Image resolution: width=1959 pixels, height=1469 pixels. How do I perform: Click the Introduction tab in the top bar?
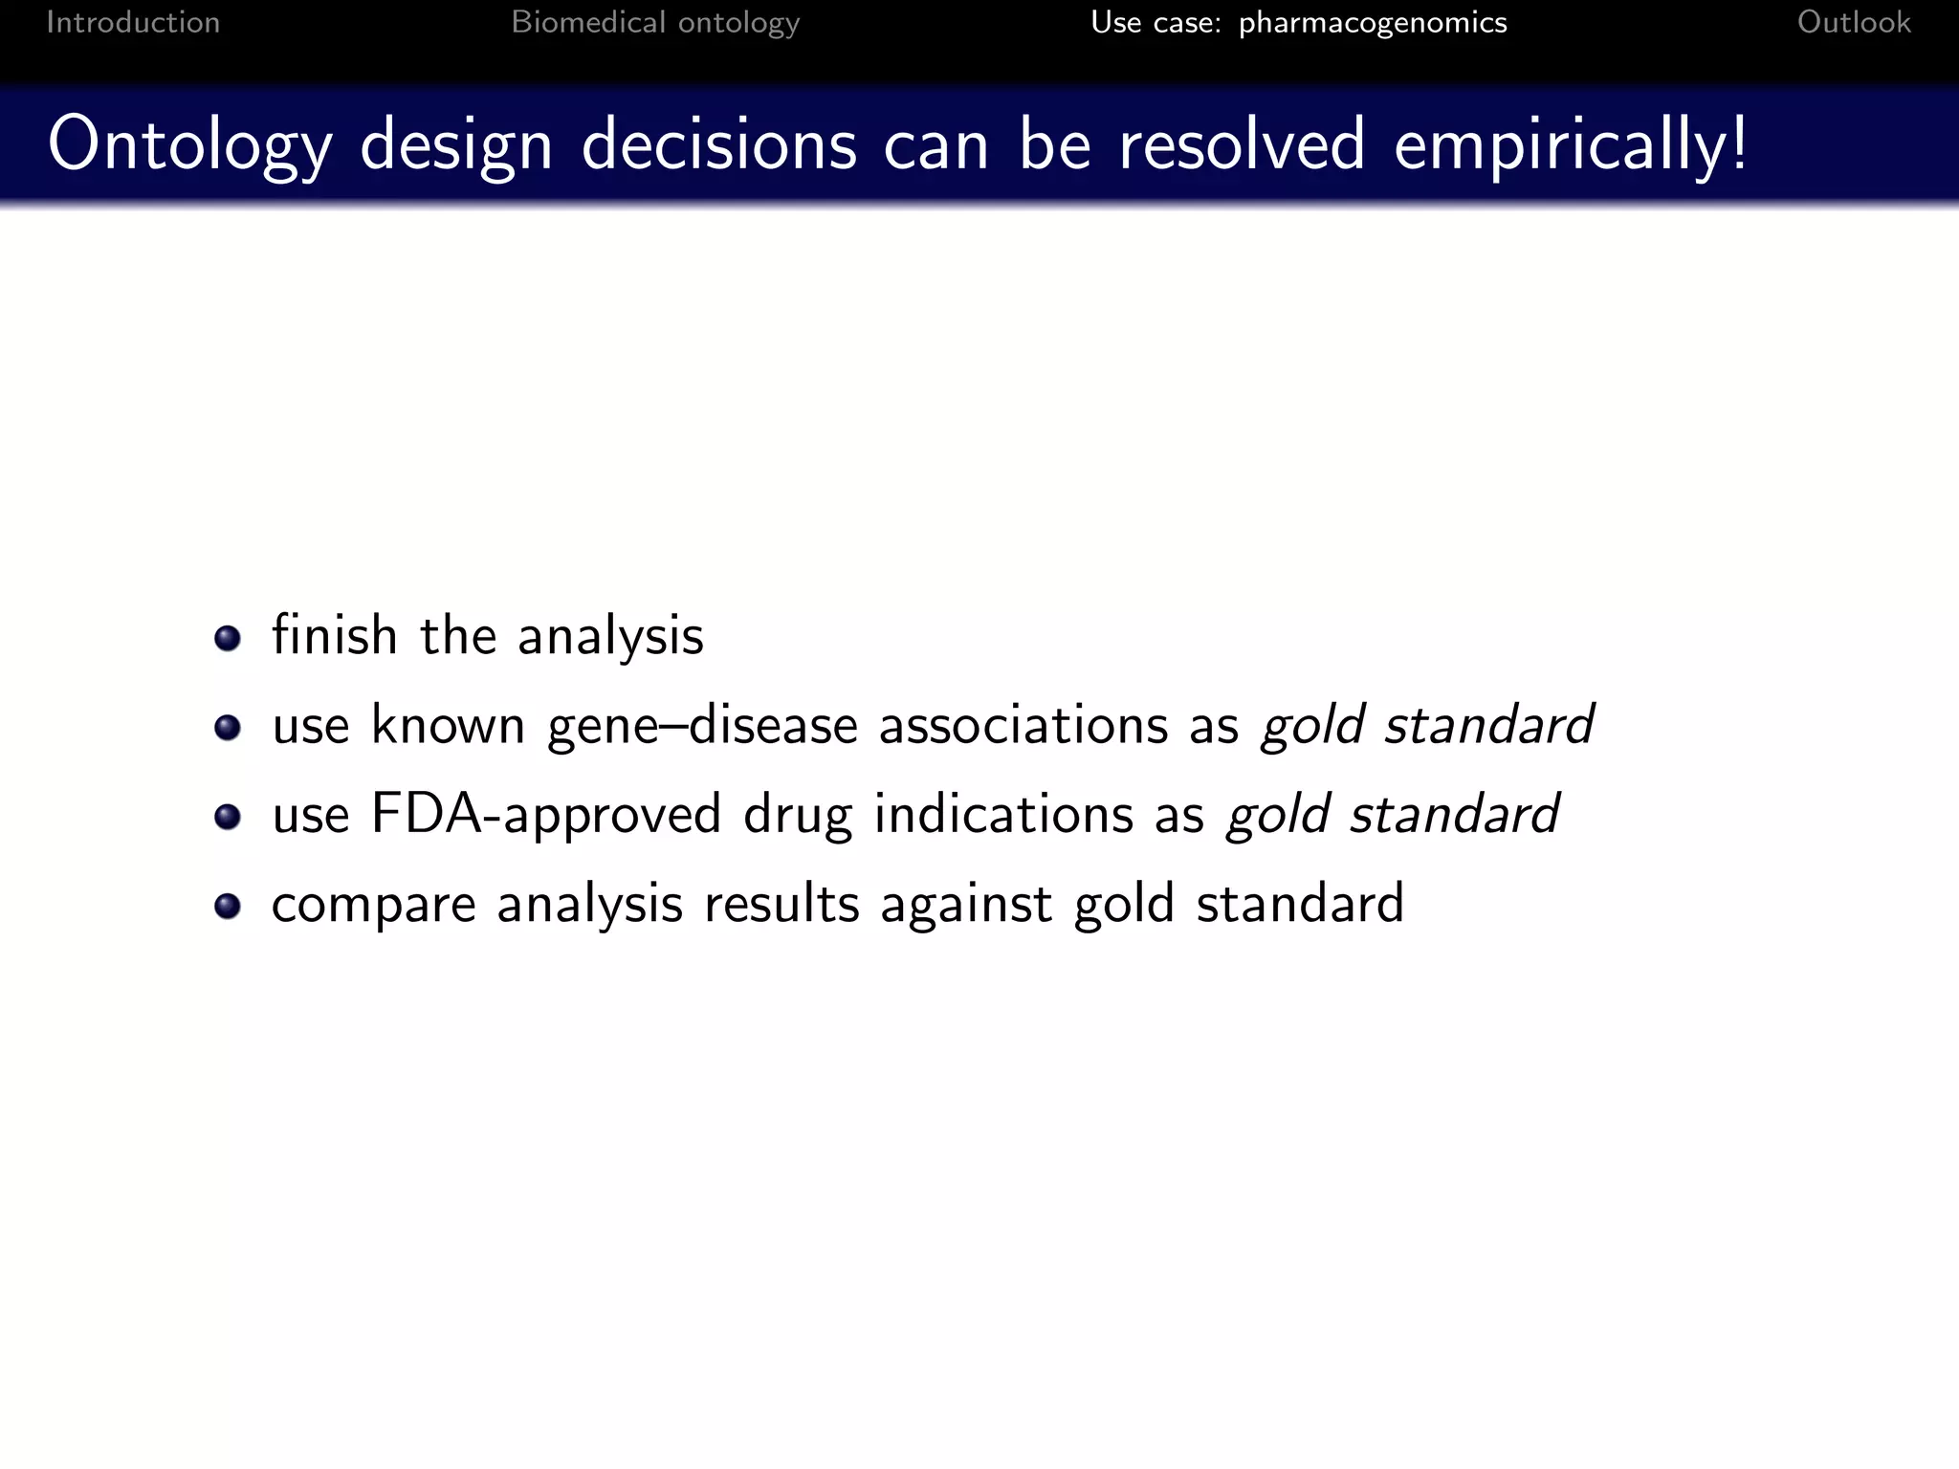pyautogui.click(x=133, y=22)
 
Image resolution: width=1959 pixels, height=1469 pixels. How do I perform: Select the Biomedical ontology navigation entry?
pyautogui.click(x=655, y=22)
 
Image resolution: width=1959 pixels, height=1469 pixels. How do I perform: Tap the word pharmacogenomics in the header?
pyautogui.click(x=1372, y=22)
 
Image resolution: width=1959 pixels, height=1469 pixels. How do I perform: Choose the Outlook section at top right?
pyautogui.click(x=1853, y=22)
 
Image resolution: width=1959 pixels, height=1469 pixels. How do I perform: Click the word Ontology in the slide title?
pyautogui.click(x=189, y=144)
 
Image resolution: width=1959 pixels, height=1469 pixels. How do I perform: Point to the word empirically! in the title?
pyautogui.click(x=1570, y=144)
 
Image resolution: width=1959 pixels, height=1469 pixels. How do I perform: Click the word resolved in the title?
pyautogui.click(x=1241, y=144)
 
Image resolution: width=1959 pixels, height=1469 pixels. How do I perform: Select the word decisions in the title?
pyautogui.click(x=718, y=144)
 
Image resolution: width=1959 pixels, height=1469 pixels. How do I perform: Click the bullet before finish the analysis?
pyautogui.click(x=228, y=638)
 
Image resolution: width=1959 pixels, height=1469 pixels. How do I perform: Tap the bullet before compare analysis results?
pyautogui.click(x=228, y=906)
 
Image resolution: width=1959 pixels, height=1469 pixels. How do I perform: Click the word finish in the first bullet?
pyautogui.click(x=335, y=635)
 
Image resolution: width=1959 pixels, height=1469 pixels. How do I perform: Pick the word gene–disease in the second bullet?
pyautogui.click(x=702, y=725)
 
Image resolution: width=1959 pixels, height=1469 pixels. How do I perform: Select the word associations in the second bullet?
pyautogui.click(x=1024, y=725)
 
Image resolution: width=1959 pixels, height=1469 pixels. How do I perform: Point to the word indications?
pyautogui.click(x=1003, y=815)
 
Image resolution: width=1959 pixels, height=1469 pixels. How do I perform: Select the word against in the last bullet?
pyautogui.click(x=965, y=904)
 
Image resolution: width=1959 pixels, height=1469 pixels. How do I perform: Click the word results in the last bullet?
pyautogui.click(x=781, y=904)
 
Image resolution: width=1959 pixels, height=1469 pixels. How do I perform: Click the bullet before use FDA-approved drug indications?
pyautogui.click(x=228, y=817)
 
